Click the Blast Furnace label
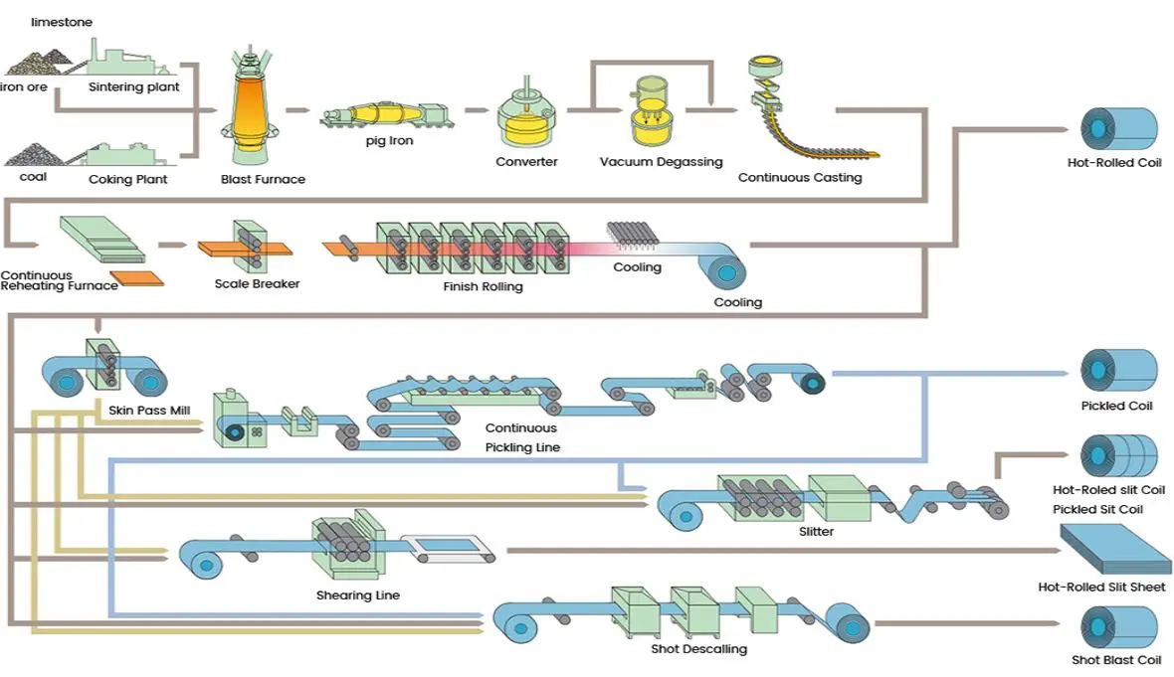pyautogui.click(x=263, y=180)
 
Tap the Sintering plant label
pyautogui.click(x=134, y=87)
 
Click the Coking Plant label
pyautogui.click(x=128, y=180)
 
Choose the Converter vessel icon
pyautogui.click(x=526, y=118)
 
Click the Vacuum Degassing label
pyautogui.click(x=661, y=162)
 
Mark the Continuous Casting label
pyautogui.click(x=800, y=178)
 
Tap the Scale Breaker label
pyautogui.click(x=257, y=284)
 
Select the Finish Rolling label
pyautogui.click(x=483, y=287)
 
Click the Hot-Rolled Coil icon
pyautogui.click(x=1119, y=128)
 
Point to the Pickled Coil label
pyautogui.click(x=1116, y=406)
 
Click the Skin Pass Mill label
pyautogui.click(x=148, y=410)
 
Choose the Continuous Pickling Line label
pyautogui.click(x=522, y=437)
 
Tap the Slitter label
pyautogui.click(x=816, y=532)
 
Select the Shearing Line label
pyautogui.click(x=358, y=595)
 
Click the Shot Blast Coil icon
pyautogui.click(x=1119, y=628)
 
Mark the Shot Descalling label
pyautogui.click(x=698, y=649)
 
